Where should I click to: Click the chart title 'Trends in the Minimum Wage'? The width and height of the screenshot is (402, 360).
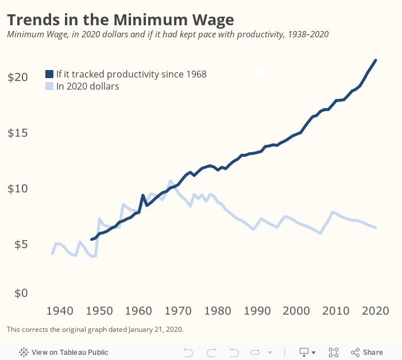[x=120, y=20]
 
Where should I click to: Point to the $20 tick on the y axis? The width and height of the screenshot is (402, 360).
[x=17, y=77]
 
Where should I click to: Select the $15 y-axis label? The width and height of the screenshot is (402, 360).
[x=17, y=133]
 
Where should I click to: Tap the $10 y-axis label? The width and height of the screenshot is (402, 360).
[x=17, y=188]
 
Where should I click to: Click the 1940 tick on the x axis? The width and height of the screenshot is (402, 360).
[x=60, y=311]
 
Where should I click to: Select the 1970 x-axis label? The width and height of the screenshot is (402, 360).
[x=178, y=311]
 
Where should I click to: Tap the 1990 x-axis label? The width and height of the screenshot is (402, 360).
[x=257, y=311]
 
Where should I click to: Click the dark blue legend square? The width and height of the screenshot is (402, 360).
[x=49, y=74]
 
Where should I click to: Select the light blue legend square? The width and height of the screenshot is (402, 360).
[x=49, y=87]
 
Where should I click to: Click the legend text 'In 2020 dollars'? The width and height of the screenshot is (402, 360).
[x=87, y=87]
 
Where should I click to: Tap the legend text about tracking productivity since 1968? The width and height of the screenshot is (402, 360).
[x=131, y=74]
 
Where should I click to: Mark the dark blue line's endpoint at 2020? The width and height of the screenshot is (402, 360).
[x=376, y=60]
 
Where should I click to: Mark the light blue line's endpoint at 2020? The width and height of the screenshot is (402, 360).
[x=376, y=228]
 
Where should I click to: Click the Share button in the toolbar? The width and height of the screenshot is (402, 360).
[x=366, y=352]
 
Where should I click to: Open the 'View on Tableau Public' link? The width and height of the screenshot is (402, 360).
[x=64, y=352]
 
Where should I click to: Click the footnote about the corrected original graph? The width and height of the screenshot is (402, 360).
[x=95, y=330]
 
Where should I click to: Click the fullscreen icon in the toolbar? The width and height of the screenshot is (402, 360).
[x=333, y=352]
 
